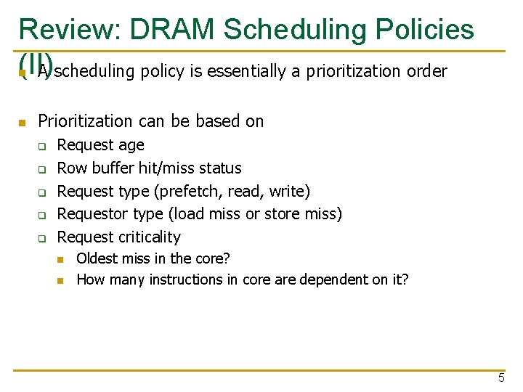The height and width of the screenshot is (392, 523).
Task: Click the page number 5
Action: (x=501, y=377)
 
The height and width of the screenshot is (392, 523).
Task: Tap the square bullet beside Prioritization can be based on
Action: (x=23, y=122)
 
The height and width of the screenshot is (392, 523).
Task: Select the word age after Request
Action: (x=131, y=145)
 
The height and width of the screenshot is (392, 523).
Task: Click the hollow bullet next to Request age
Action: (x=42, y=147)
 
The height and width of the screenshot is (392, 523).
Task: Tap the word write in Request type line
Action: (x=288, y=192)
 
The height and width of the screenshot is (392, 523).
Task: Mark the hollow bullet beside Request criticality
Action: (x=42, y=238)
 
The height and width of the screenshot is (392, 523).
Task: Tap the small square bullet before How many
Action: (x=62, y=280)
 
